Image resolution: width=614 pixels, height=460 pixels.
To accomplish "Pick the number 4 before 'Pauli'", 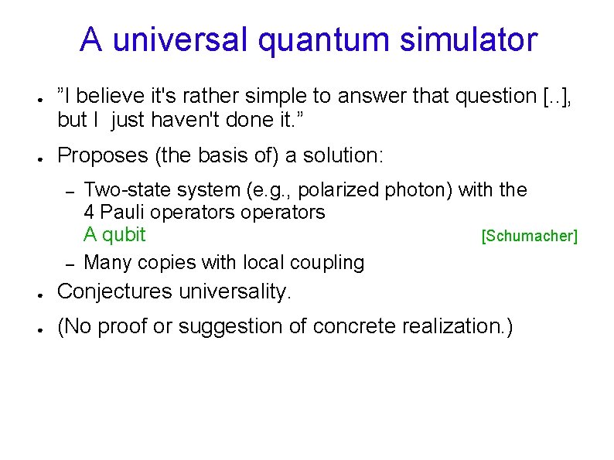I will (89, 212).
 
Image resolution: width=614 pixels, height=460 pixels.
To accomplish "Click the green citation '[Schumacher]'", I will (529, 236).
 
